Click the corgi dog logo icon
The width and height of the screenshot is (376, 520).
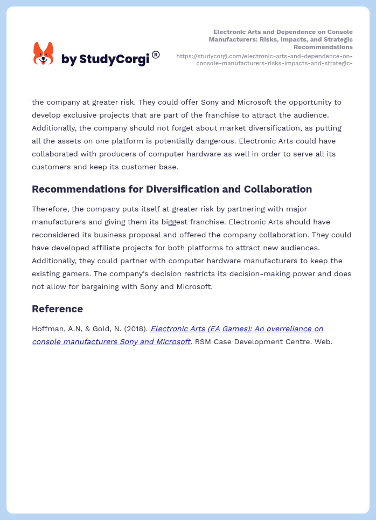pyautogui.click(x=44, y=54)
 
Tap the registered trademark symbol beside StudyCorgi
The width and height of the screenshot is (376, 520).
pyautogui.click(x=156, y=54)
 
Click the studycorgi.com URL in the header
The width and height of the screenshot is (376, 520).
pyautogui.click(x=264, y=59)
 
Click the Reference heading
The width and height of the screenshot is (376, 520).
pyautogui.click(x=57, y=309)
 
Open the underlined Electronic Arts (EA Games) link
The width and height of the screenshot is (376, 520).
pyautogui.click(x=236, y=329)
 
